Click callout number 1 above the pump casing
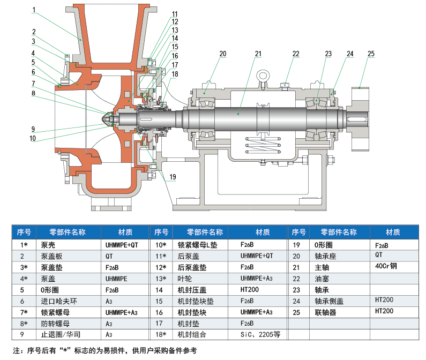(x=34, y=10)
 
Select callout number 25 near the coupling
(x=371, y=54)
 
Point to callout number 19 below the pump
(x=173, y=177)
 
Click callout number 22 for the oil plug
(x=296, y=54)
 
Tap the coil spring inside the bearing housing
(x=263, y=146)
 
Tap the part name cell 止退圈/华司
(x=58, y=335)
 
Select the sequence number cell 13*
(x=161, y=279)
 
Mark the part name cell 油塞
(x=322, y=279)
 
